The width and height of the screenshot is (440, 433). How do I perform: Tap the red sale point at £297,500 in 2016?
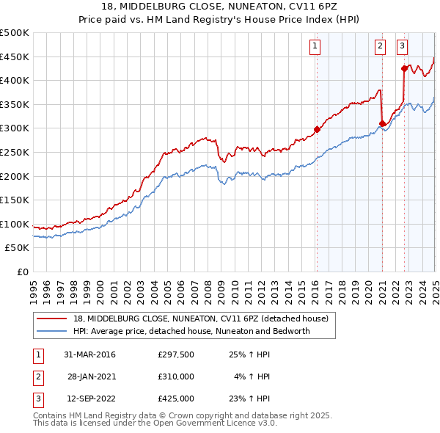[x=317, y=129]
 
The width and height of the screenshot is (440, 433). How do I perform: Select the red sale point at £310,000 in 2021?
[x=382, y=123]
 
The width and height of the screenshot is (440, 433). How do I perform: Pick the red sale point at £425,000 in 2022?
[x=404, y=68]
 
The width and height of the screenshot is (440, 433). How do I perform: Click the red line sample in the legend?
[x=53, y=319]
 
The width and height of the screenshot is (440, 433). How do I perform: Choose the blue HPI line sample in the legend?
[x=53, y=331]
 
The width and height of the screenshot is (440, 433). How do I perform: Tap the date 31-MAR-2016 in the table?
[x=89, y=354]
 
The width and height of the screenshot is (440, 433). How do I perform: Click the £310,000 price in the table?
[x=176, y=376]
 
